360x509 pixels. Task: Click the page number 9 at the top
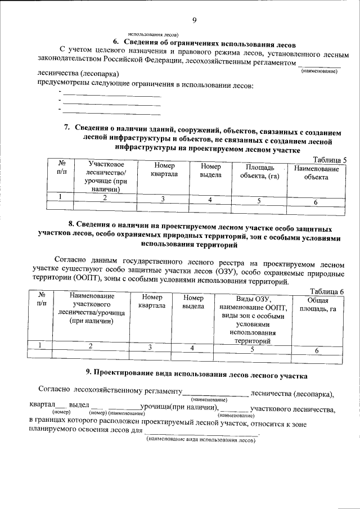pos(194,21)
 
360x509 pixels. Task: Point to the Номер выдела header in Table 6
pos(193,302)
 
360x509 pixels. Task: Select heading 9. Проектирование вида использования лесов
pos(179,373)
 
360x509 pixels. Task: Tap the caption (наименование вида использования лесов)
pos(200,440)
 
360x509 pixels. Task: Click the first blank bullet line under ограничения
pos(111,96)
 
